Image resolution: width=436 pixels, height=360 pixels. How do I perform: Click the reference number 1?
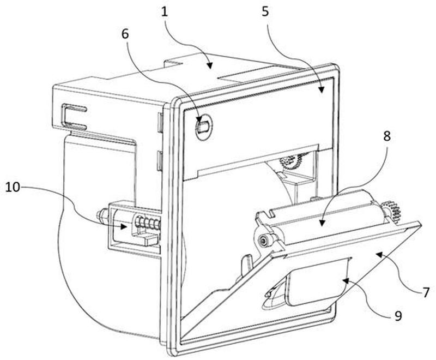(165, 12)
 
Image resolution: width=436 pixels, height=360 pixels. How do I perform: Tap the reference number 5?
(265, 12)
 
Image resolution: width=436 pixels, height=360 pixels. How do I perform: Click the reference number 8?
(387, 136)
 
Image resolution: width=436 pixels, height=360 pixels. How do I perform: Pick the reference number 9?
(398, 316)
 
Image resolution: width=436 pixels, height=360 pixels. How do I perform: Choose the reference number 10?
(13, 187)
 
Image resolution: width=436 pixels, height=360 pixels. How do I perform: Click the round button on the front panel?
(204, 127)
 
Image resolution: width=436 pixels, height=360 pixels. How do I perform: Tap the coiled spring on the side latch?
(147, 223)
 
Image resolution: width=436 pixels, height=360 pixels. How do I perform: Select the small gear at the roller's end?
(391, 212)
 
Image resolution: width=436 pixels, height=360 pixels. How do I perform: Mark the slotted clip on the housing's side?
(74, 117)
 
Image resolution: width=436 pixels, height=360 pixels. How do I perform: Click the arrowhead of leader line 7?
(379, 254)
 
